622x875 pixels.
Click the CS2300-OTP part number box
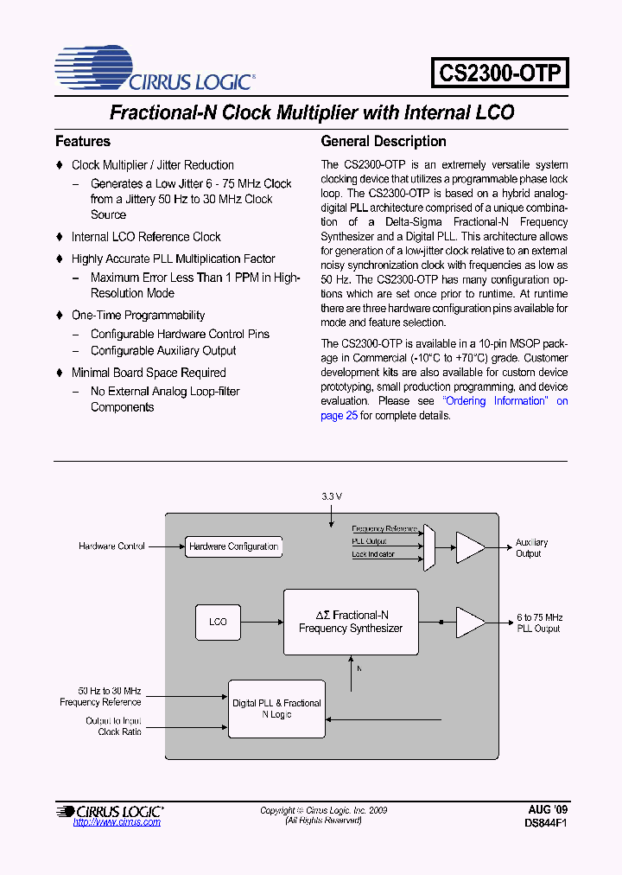[500, 73]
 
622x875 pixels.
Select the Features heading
[83, 141]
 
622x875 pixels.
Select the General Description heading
[384, 141]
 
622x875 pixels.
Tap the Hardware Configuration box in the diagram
[233, 546]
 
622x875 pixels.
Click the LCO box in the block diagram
[218, 622]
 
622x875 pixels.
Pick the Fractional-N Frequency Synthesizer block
[351, 622]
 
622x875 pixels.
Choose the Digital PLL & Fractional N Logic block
[276, 709]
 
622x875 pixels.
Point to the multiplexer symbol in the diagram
[429, 546]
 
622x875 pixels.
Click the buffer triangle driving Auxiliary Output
[469, 546]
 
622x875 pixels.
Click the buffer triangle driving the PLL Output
[469, 622]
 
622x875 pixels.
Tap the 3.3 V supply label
[332, 496]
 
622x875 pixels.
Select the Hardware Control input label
[111, 546]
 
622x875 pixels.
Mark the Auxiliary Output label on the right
[531, 548]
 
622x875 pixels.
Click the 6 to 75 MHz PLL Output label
[539, 623]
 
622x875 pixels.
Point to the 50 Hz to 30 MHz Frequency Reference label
[100, 697]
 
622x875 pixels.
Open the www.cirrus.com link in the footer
[117, 822]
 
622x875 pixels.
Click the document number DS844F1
[546, 823]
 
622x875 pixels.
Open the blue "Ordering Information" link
[495, 401]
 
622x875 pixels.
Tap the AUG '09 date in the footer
[548, 809]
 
